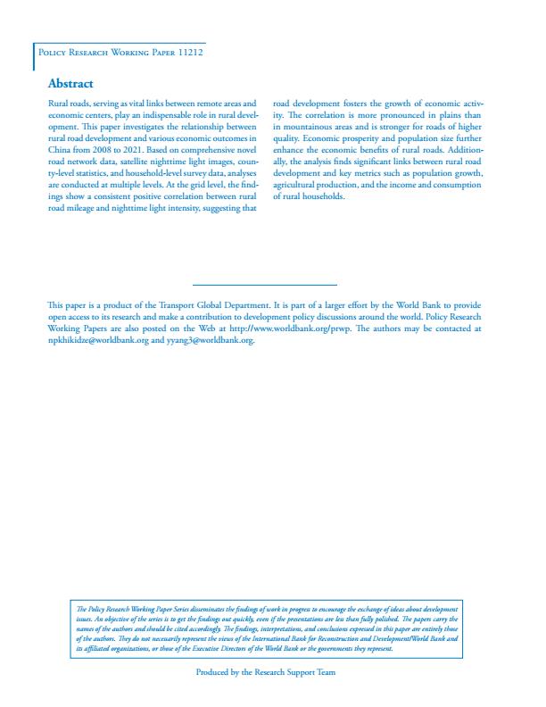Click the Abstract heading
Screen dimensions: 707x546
[70, 84]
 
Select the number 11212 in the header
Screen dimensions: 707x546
[188, 53]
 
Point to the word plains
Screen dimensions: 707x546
[454, 116]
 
